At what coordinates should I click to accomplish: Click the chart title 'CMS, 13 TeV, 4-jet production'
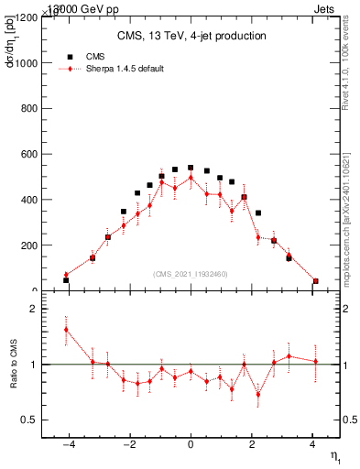click(x=191, y=37)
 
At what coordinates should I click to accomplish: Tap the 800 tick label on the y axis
click(x=27, y=109)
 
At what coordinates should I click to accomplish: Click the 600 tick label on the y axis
click(x=27, y=155)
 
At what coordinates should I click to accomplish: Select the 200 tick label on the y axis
click(x=27, y=245)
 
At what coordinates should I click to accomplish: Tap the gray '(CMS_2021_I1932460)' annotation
click(x=191, y=273)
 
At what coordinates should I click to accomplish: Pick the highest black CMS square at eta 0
click(x=191, y=168)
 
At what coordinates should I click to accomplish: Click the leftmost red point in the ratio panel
click(x=66, y=330)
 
